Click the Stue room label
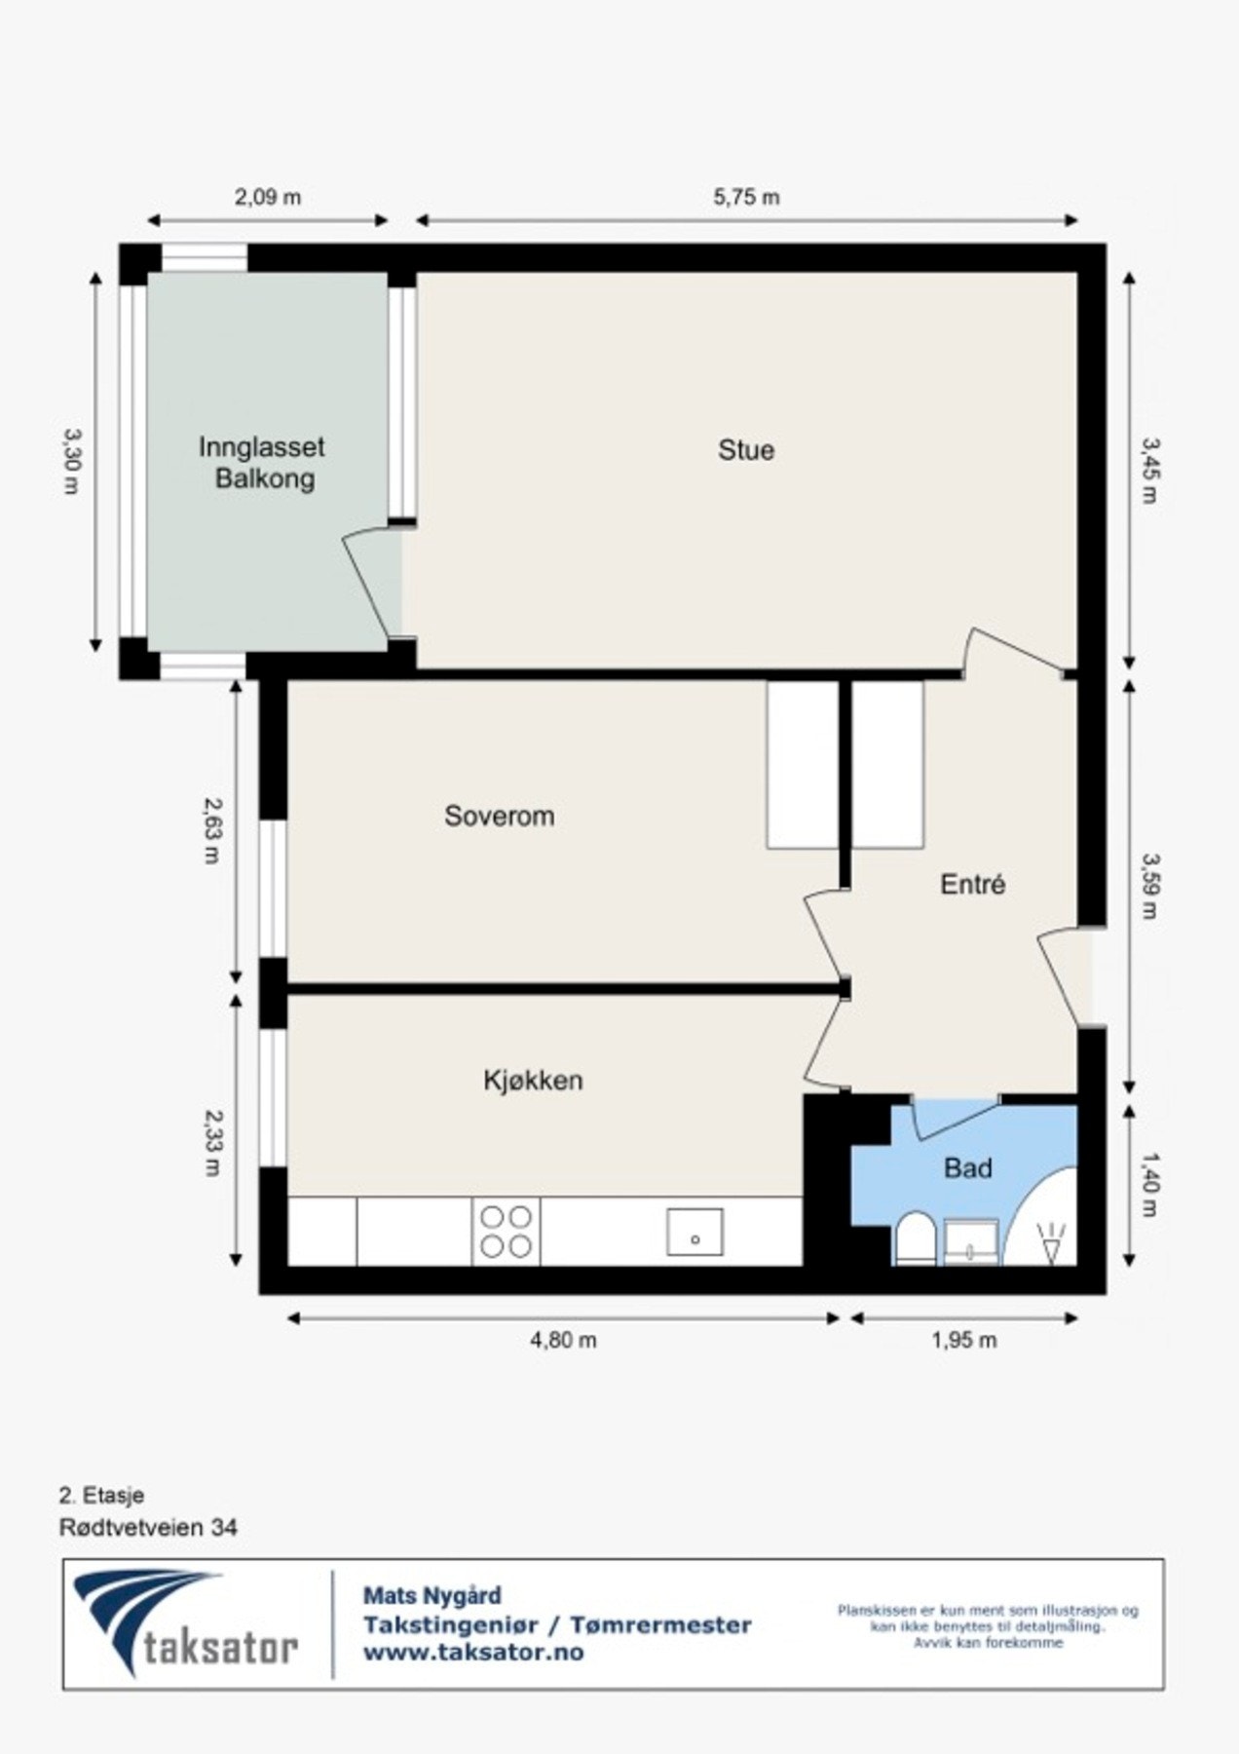(x=746, y=450)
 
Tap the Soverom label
(x=499, y=816)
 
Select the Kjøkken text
(x=533, y=1080)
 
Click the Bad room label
(x=967, y=1167)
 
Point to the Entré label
(x=972, y=884)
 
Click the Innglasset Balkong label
(x=262, y=463)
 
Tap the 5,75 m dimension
(x=746, y=197)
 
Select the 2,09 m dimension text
(x=268, y=197)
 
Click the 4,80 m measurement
(x=563, y=1340)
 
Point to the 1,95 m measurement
(x=963, y=1340)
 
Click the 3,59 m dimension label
(x=1150, y=886)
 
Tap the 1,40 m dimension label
(x=1150, y=1184)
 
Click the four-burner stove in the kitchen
(x=507, y=1232)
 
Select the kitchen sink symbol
(x=695, y=1232)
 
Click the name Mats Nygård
(x=432, y=1596)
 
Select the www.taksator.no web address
(x=472, y=1653)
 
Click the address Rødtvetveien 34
(x=148, y=1527)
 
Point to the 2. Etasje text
(x=101, y=1495)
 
